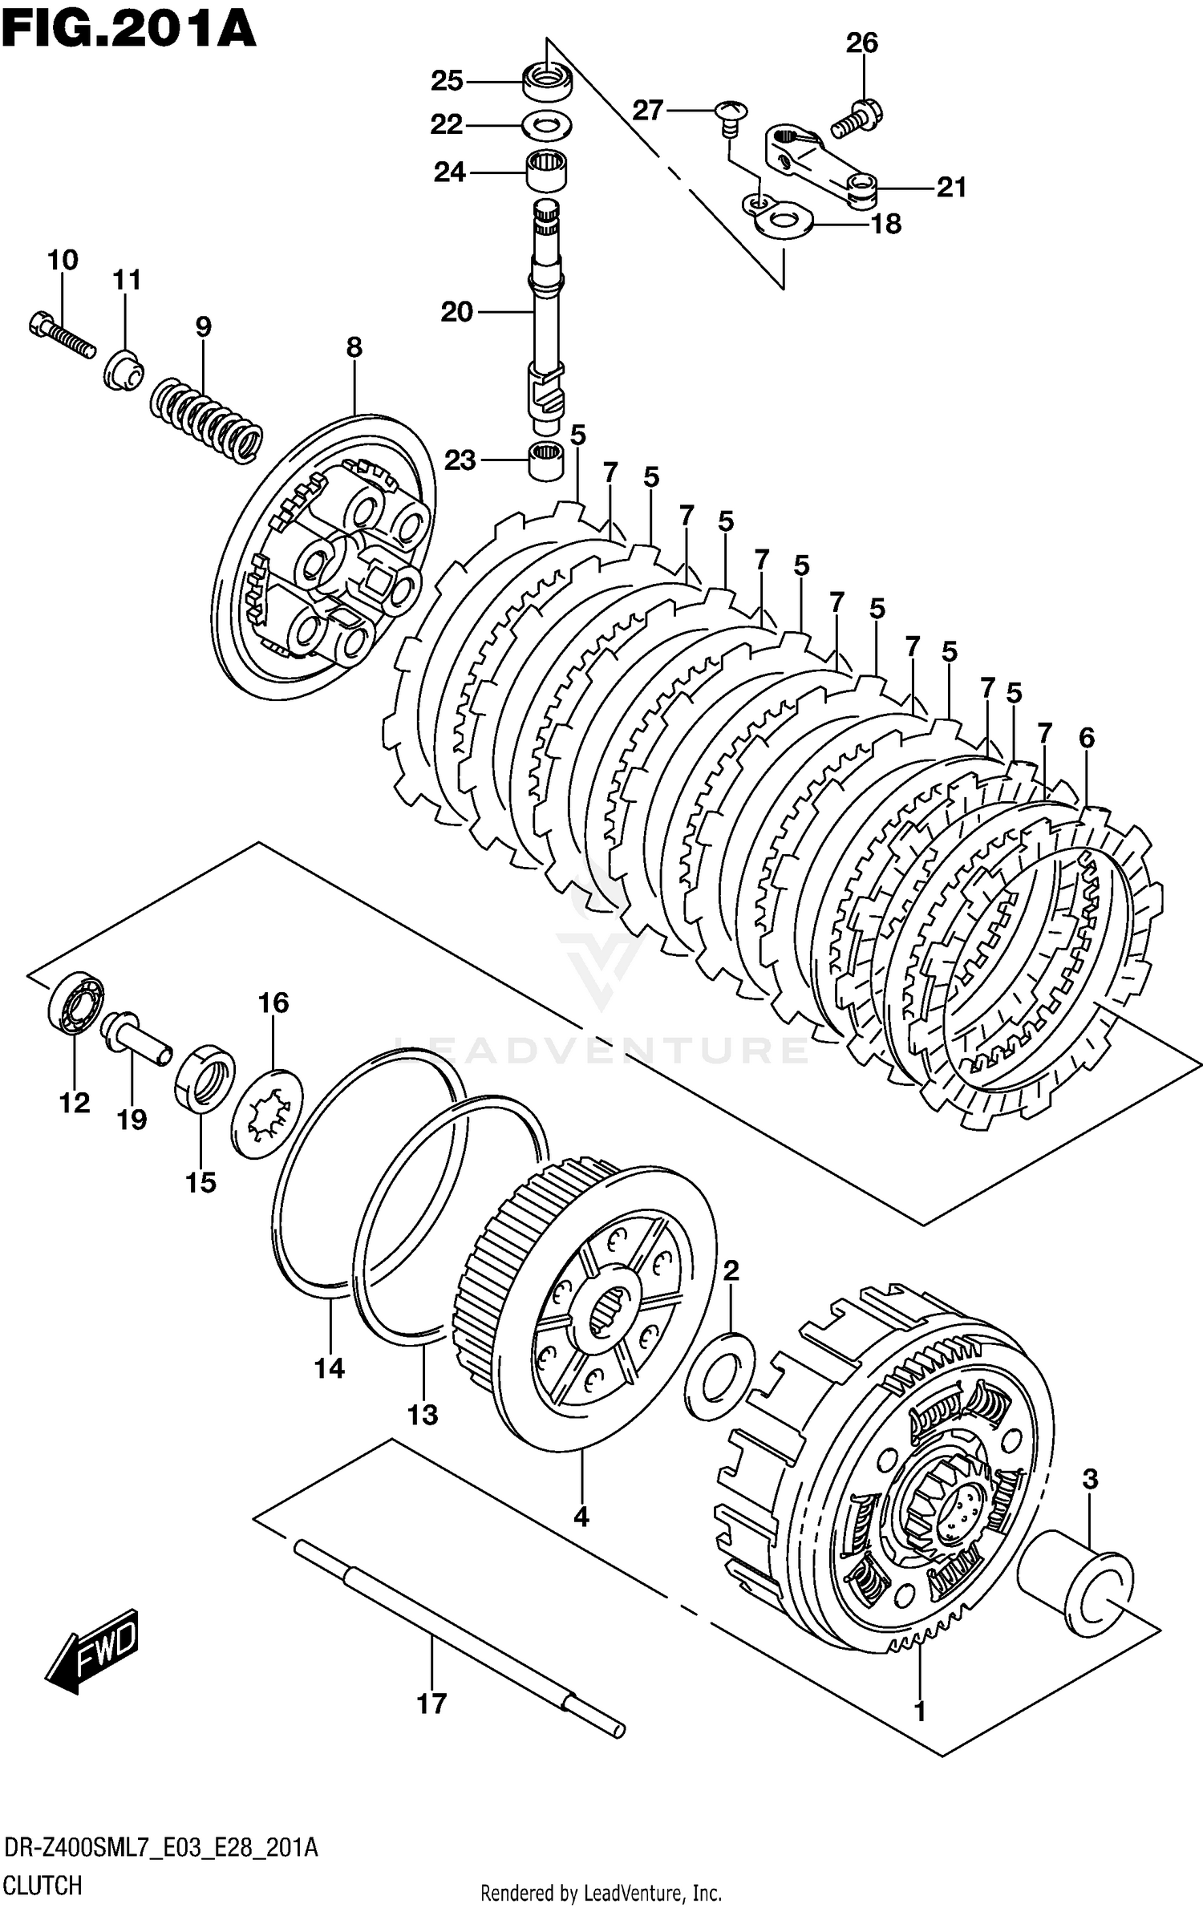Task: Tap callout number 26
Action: [862, 43]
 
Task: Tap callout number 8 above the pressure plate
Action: [354, 347]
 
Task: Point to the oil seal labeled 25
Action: [548, 81]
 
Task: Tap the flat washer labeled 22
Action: [547, 126]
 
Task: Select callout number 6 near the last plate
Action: [1086, 737]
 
